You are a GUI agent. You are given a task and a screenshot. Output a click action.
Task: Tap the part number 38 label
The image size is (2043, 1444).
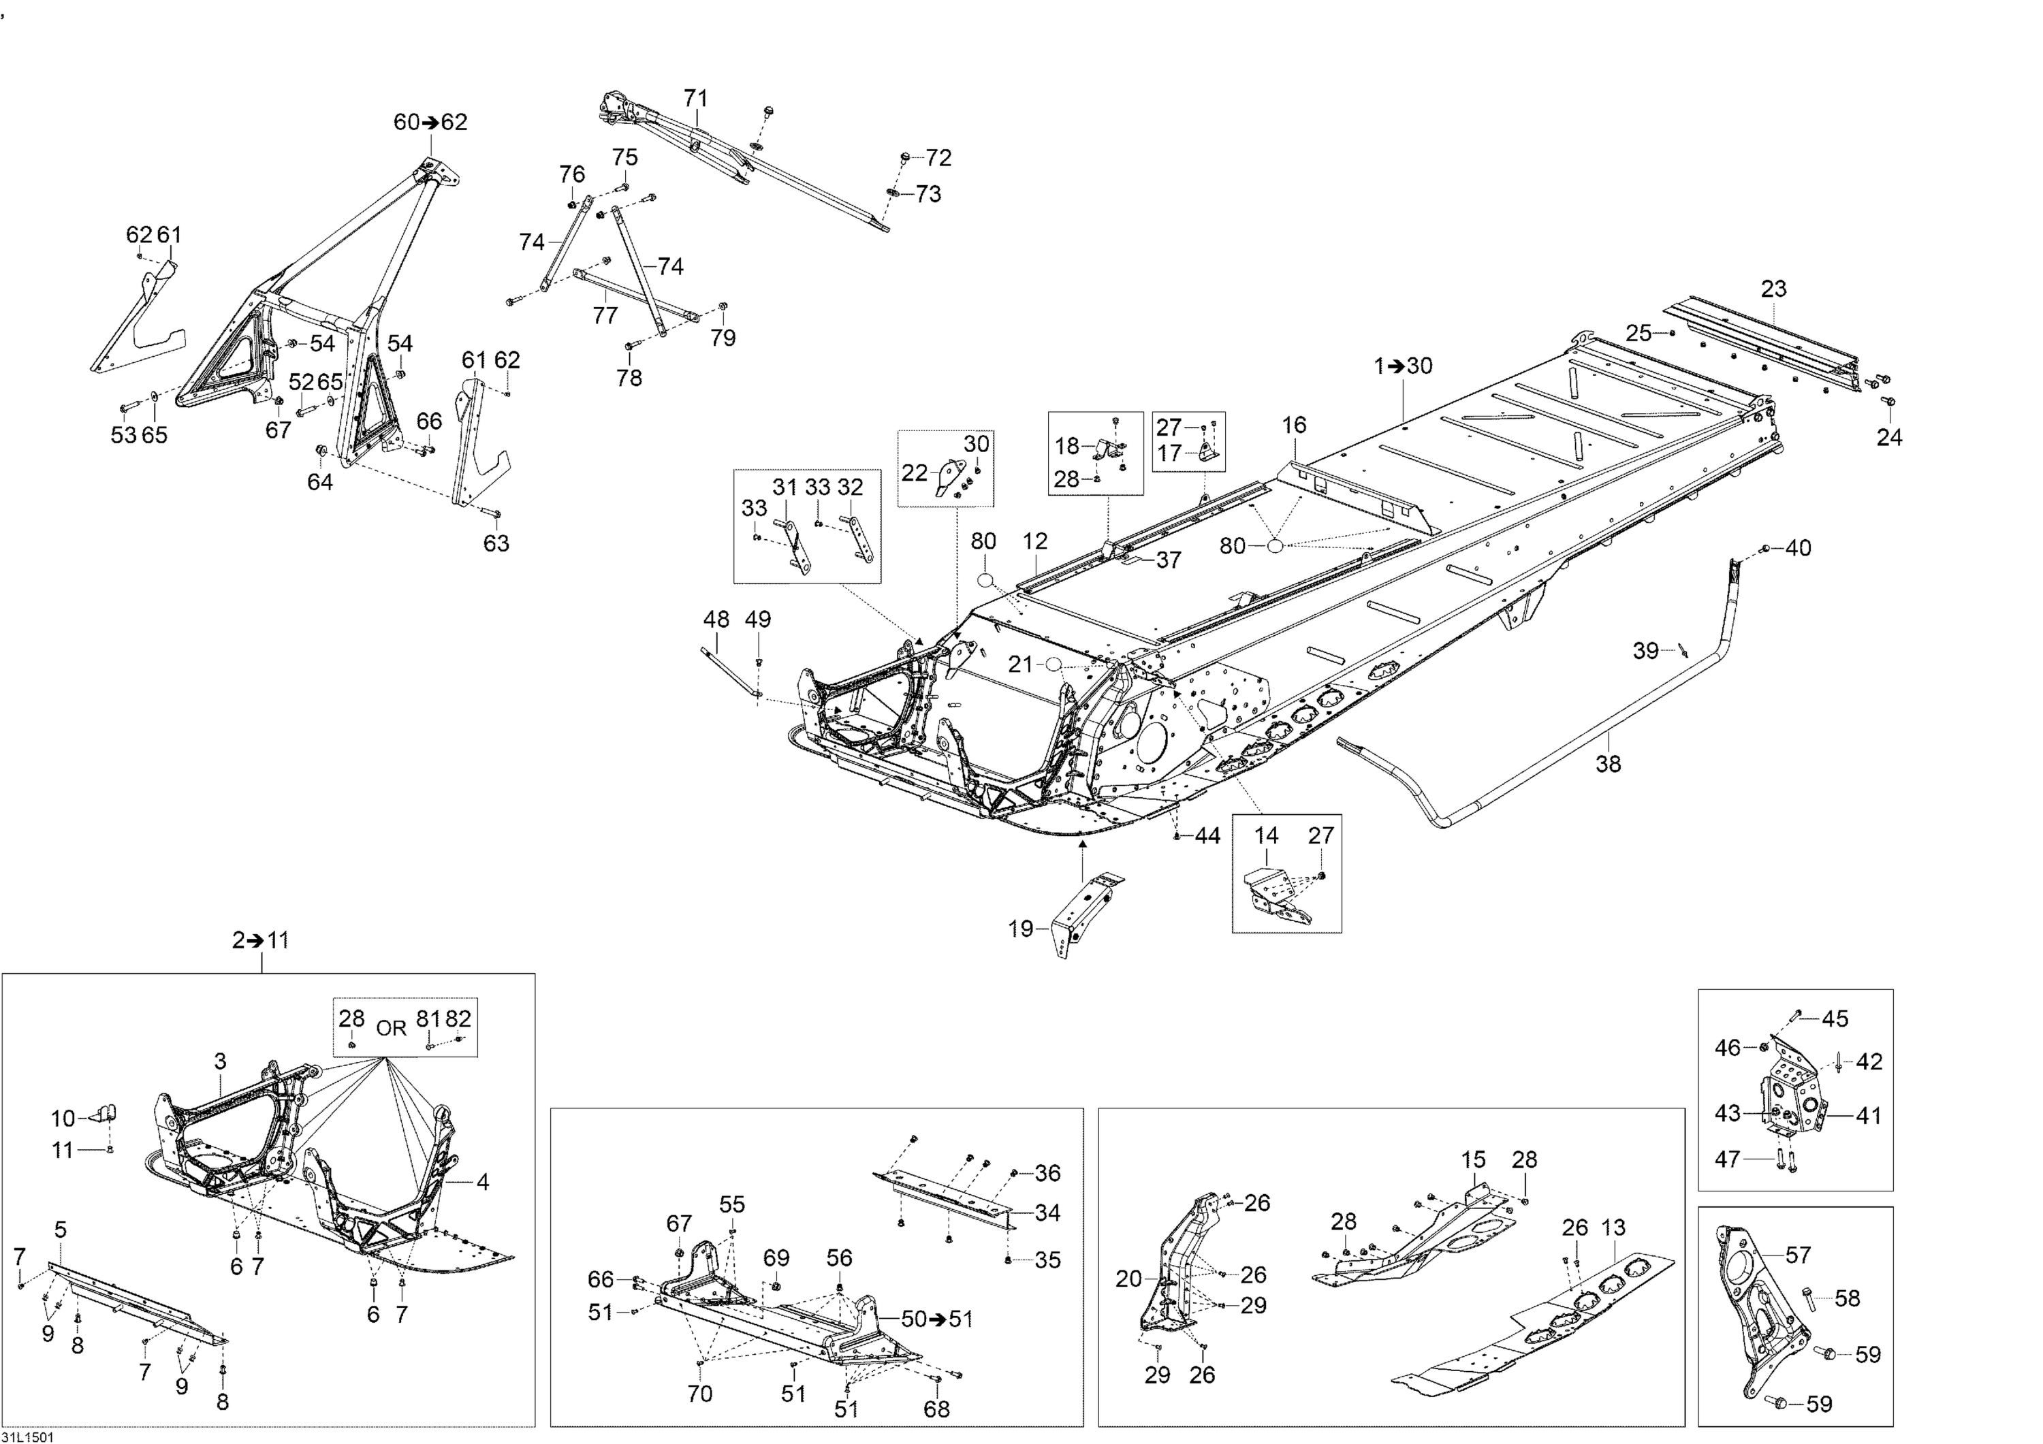coord(1608,763)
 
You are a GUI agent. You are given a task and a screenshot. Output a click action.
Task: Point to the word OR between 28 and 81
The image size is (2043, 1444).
coord(392,1029)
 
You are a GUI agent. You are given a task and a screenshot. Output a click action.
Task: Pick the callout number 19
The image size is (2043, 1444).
coord(1021,929)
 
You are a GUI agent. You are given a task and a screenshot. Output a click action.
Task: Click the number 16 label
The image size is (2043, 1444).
coord(1294,426)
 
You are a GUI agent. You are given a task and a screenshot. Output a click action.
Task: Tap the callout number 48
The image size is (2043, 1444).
coord(716,620)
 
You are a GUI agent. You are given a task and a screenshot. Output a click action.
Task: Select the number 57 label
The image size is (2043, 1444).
coord(1799,1255)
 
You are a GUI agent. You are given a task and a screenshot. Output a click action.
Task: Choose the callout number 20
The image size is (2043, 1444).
coord(1128,1279)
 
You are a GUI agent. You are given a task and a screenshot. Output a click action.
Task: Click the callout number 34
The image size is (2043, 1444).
coord(1048,1212)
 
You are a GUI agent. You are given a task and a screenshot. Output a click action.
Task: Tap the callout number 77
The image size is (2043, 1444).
coord(605,316)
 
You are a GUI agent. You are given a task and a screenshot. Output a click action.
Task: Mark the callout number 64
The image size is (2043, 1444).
coord(319,481)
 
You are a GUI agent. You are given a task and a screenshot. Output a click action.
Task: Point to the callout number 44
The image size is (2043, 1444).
coord(1207,835)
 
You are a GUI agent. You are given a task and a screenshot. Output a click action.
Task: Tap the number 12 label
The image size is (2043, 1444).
coord(1036,541)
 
